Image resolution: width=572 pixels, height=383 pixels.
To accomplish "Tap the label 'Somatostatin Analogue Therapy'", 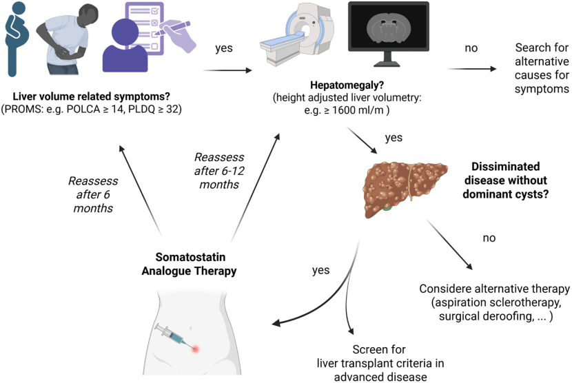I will (189, 264).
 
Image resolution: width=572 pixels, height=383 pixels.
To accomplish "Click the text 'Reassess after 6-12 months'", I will (219, 171).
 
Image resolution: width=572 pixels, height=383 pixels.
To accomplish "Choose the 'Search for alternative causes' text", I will (542, 69).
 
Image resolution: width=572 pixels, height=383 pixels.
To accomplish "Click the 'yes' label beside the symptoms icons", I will (224, 48).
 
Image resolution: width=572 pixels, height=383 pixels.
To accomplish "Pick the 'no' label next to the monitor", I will (471, 48).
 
